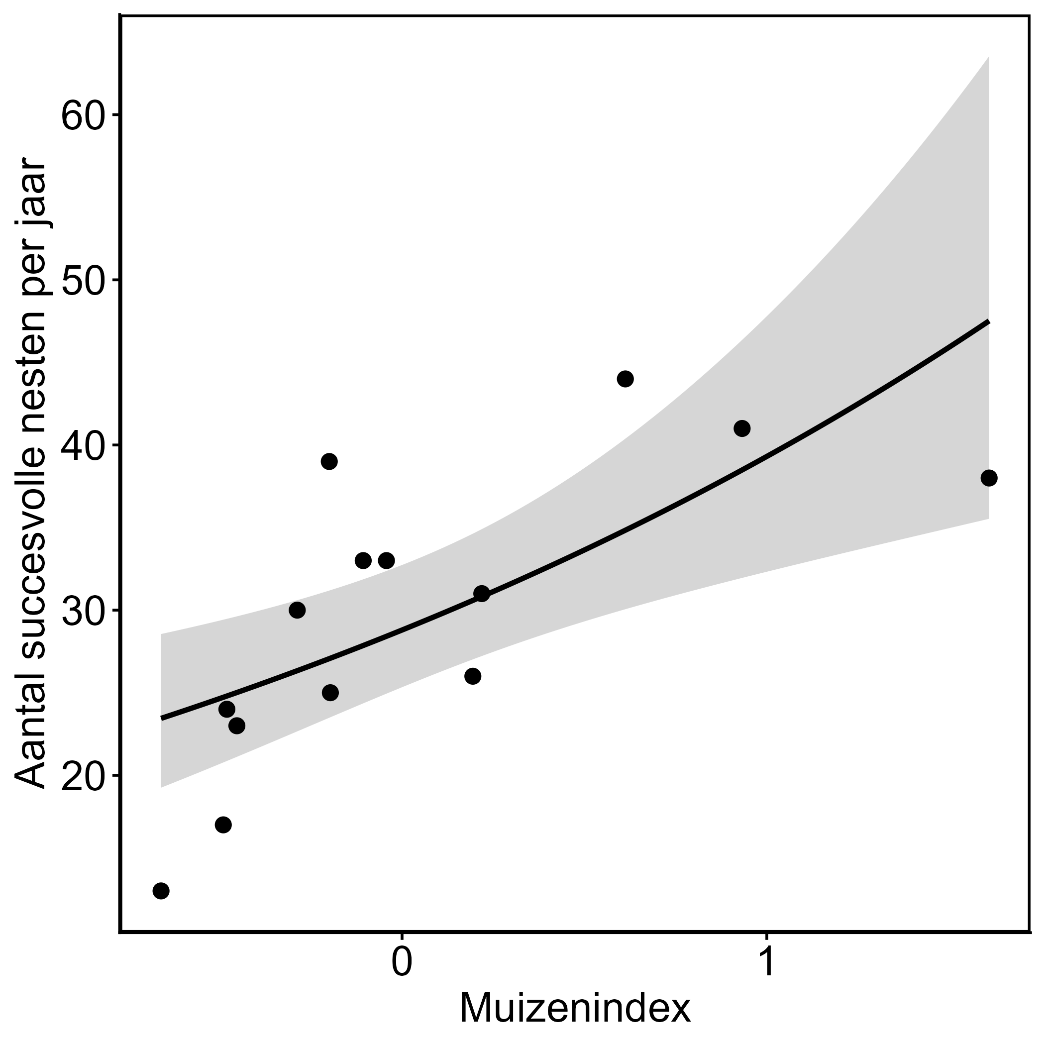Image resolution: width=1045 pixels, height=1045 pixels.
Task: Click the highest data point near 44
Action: pyautogui.click(x=626, y=379)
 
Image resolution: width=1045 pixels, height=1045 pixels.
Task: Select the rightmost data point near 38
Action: pyautogui.click(x=989, y=478)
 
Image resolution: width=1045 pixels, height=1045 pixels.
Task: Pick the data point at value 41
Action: pyautogui.click(x=742, y=429)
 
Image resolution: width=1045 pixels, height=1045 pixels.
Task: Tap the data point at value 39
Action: pyautogui.click(x=329, y=462)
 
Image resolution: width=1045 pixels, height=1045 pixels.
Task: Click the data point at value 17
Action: pyautogui.click(x=223, y=825)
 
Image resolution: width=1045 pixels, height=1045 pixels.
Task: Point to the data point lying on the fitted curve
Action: pyautogui.click(x=481, y=594)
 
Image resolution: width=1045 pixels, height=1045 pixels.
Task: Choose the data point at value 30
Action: pyautogui.click(x=297, y=611)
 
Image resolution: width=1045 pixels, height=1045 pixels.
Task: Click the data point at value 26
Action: pyautogui.click(x=473, y=677)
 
